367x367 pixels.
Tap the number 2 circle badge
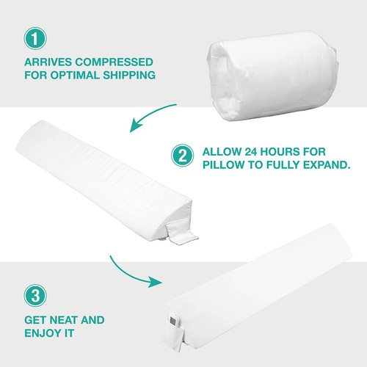(181, 155)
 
